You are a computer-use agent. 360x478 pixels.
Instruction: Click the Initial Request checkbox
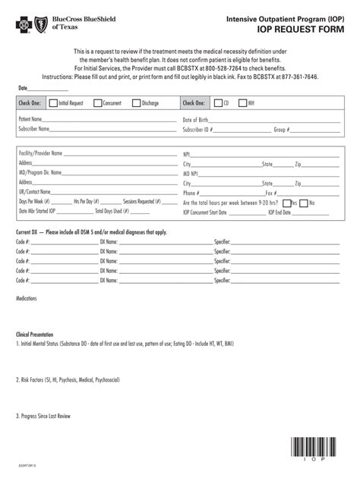click(52, 102)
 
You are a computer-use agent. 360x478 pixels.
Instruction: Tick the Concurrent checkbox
click(96, 102)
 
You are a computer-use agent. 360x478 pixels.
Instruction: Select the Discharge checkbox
click(135, 102)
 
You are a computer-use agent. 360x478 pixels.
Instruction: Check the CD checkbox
click(217, 102)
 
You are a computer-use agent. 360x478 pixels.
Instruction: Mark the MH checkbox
click(242, 102)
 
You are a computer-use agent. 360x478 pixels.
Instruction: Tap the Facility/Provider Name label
click(40, 154)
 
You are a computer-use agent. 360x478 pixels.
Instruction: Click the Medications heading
click(27, 299)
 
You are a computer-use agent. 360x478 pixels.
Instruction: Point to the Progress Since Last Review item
click(44, 416)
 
